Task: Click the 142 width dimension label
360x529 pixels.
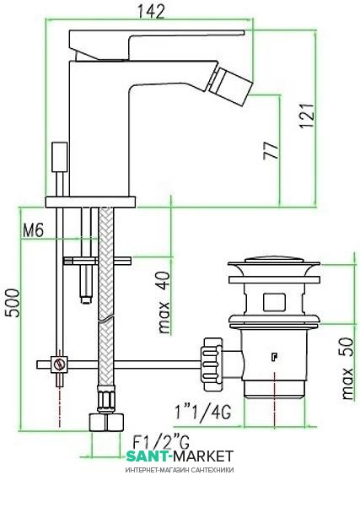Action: click(x=151, y=12)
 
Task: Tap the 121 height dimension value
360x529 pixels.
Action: click(x=307, y=116)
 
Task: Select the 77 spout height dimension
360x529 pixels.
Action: click(x=271, y=151)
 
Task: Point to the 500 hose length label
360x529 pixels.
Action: click(x=13, y=303)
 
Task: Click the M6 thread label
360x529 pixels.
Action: click(x=33, y=231)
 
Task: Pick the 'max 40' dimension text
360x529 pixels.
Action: click(x=164, y=303)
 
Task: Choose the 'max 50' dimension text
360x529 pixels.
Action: click(x=347, y=369)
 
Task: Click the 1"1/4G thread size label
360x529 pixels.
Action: click(x=202, y=412)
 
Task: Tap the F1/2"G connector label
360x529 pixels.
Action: click(x=162, y=442)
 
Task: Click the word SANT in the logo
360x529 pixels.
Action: click(x=147, y=456)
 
